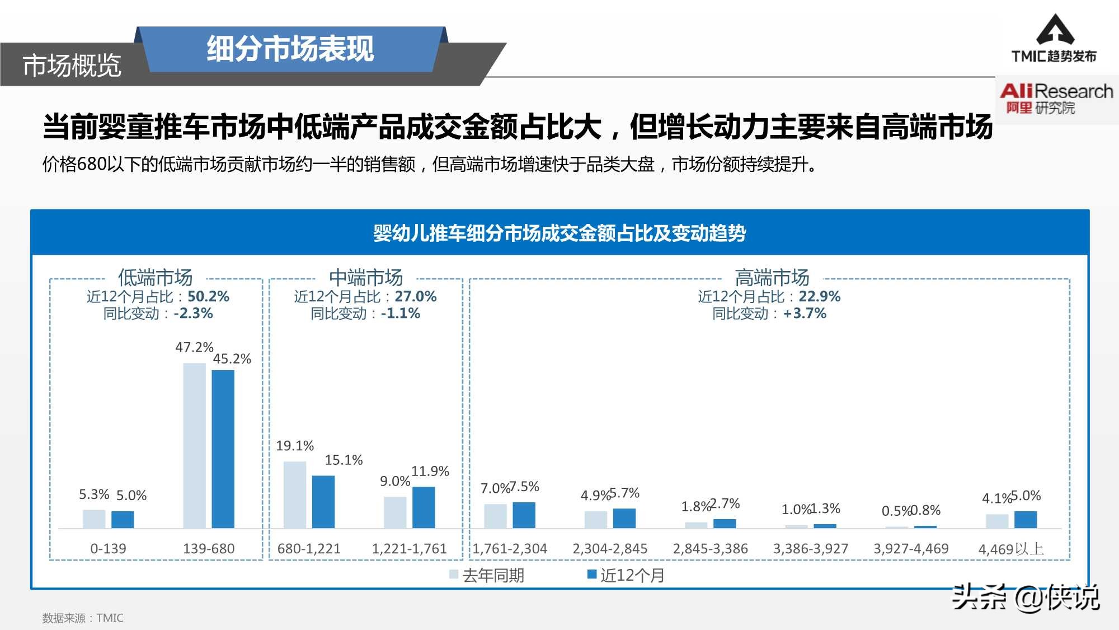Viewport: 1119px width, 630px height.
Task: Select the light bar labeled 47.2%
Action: click(194, 445)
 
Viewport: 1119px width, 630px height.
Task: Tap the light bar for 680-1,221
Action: click(295, 494)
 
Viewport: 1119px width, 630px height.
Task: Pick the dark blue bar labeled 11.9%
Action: click(424, 507)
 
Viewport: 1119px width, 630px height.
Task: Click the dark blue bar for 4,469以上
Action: click(1026, 519)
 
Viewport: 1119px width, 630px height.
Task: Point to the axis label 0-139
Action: click(108, 548)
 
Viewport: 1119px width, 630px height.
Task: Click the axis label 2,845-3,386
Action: click(710, 548)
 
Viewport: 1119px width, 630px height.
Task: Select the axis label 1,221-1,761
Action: click(409, 548)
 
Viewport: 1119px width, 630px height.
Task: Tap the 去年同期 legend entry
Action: click(486, 575)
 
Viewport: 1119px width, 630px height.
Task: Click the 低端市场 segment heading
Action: click(155, 277)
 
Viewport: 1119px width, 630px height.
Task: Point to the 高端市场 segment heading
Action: click(772, 277)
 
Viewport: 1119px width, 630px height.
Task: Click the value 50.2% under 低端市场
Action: click(208, 296)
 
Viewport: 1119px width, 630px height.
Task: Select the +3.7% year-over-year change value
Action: click(805, 313)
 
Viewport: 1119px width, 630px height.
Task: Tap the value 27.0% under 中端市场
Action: click(415, 296)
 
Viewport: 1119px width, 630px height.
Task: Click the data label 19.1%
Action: click(295, 446)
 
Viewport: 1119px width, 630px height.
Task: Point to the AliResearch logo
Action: click(1055, 98)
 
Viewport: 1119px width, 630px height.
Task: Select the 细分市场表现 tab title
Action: click(290, 49)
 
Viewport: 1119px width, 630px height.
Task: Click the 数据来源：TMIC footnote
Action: click(83, 618)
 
